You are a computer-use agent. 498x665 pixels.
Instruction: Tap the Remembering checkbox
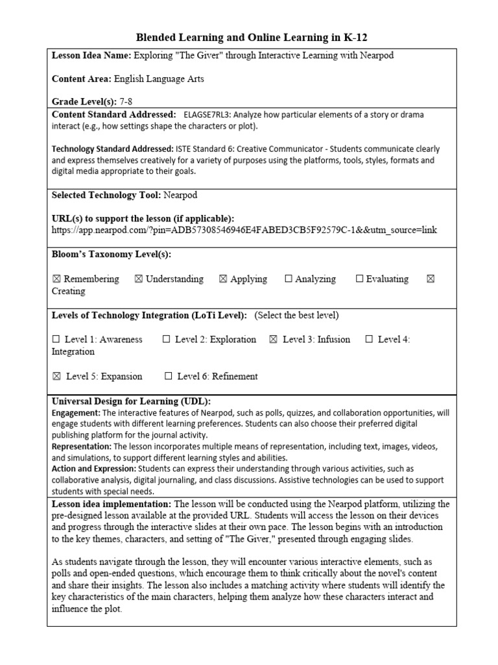[x=56, y=279]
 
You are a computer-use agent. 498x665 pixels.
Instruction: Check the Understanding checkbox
[x=138, y=279]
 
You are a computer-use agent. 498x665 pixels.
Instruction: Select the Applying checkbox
[x=223, y=279]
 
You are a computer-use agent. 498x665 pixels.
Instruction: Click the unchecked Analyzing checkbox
[x=289, y=279]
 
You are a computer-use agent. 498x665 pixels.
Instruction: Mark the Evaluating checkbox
[x=359, y=279]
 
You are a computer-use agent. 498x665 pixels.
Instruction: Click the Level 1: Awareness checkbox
[x=56, y=340]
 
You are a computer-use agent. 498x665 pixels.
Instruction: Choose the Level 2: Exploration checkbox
[x=167, y=340]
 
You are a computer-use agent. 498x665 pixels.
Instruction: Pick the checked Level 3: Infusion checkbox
[x=273, y=340]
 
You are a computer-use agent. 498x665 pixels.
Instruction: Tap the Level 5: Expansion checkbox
[x=56, y=377]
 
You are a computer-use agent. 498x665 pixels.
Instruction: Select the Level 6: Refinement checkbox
[x=169, y=377]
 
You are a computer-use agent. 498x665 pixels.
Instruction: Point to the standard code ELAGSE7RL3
[x=214, y=114]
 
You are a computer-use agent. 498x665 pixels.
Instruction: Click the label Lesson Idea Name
[x=91, y=56]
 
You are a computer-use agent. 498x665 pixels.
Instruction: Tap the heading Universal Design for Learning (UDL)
[x=131, y=401]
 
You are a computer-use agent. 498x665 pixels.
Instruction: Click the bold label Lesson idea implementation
[x=112, y=504]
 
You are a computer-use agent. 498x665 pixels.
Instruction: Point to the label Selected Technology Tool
[x=106, y=195]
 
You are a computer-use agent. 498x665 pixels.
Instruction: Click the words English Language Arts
[x=159, y=79]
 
